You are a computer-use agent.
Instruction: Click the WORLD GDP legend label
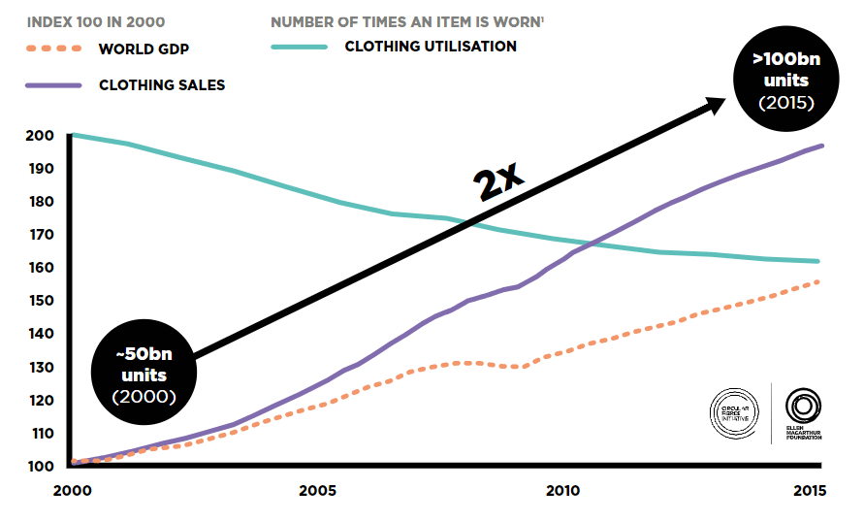144,49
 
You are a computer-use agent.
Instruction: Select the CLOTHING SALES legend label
162,85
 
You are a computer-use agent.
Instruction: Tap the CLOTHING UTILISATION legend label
431,46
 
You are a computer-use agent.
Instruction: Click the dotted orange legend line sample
54,49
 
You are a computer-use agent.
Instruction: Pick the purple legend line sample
54,85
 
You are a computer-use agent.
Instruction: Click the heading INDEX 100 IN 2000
95,20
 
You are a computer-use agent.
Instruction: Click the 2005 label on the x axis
316,491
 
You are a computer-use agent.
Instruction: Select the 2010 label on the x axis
562,491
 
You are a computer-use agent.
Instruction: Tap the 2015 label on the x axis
808,491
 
